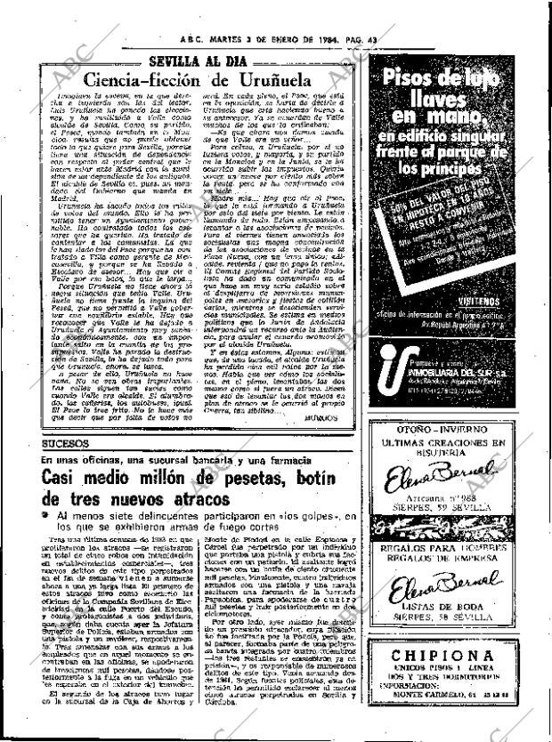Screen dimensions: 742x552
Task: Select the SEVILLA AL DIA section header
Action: [196, 60]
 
